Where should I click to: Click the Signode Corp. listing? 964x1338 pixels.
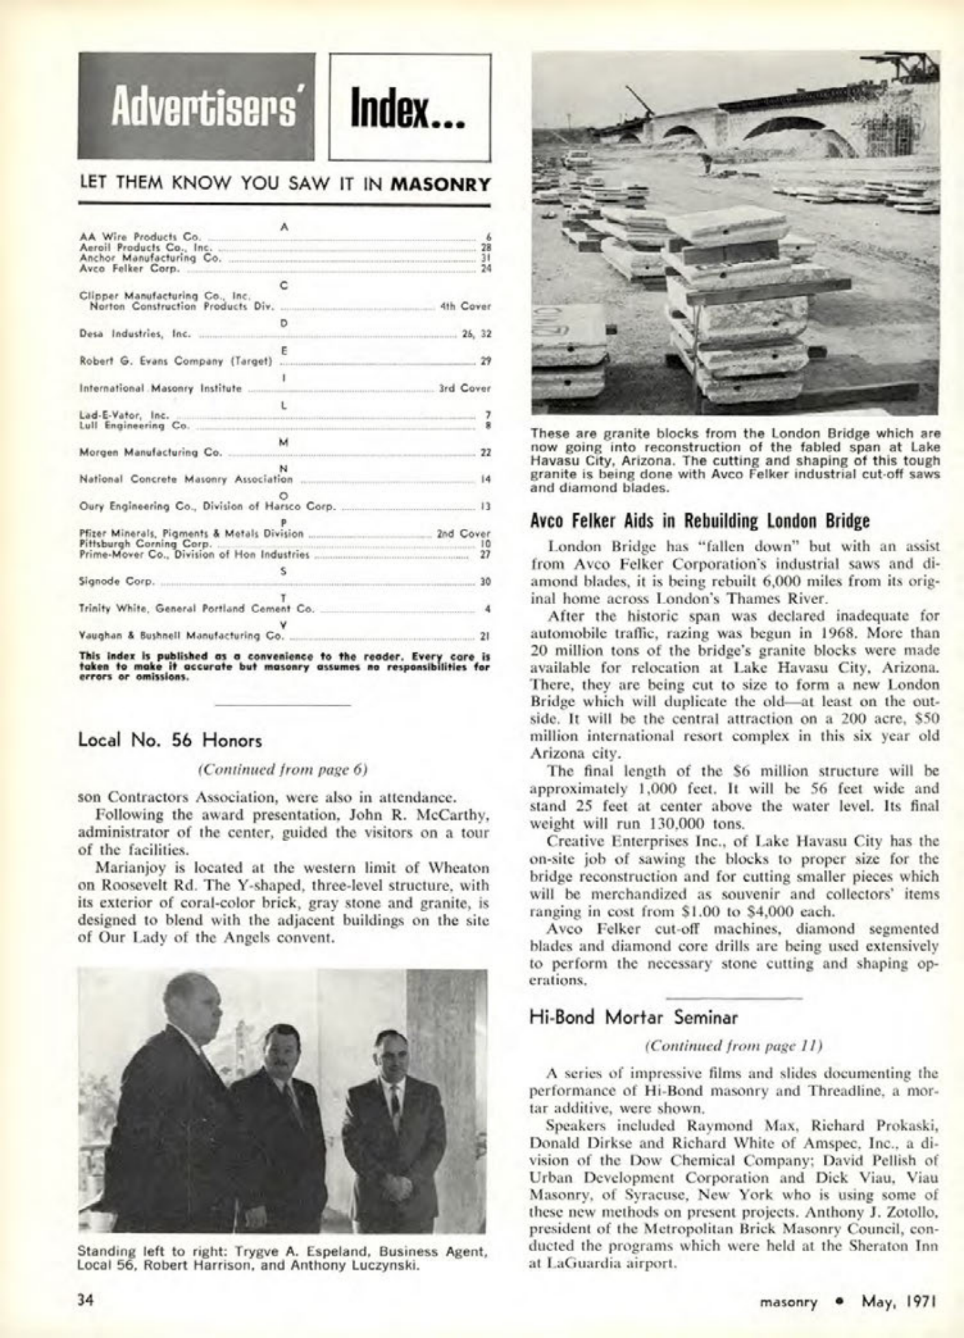pos(116,582)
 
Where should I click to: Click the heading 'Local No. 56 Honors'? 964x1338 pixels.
pos(170,740)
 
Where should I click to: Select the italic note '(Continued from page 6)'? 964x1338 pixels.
pos(283,769)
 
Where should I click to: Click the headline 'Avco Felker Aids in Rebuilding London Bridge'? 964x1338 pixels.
pos(699,521)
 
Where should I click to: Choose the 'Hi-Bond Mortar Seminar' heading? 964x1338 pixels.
pos(634,1018)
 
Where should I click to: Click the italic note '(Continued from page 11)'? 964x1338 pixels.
pos(733,1046)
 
